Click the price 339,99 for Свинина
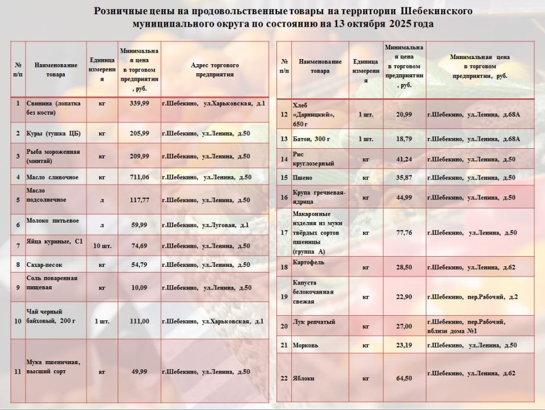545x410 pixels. [x=139, y=103]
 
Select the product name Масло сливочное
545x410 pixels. [x=52, y=177]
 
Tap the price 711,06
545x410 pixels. [x=139, y=177]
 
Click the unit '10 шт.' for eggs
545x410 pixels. [x=102, y=246]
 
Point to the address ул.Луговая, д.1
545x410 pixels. [x=206, y=225]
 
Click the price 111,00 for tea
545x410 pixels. [x=139, y=321]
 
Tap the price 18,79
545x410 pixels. [x=405, y=139]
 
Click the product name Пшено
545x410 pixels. [x=303, y=178]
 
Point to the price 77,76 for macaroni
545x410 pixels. [x=405, y=232]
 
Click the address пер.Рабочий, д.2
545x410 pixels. [x=472, y=296]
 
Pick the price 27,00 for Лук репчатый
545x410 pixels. [x=405, y=326]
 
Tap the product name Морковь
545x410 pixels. [x=305, y=345]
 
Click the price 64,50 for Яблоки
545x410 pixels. [x=405, y=378]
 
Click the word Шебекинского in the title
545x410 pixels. [x=437, y=11]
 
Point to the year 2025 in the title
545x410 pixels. [x=404, y=24]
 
